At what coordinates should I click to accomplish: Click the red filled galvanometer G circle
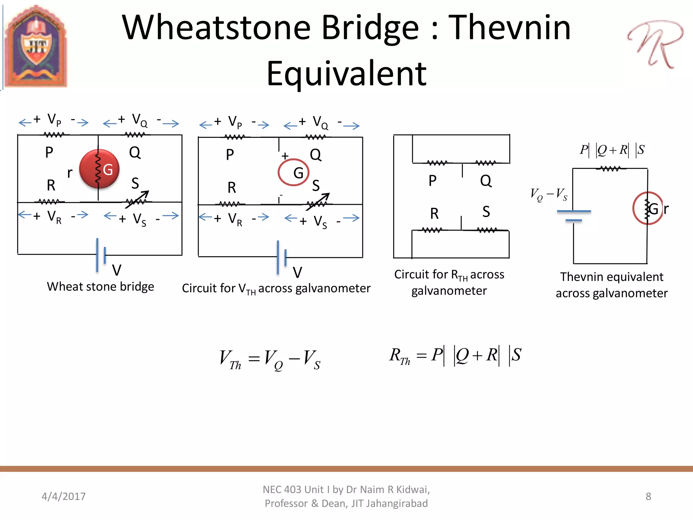99,169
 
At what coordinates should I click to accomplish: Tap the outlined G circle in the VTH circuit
293,172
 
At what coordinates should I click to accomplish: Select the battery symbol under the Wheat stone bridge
101,255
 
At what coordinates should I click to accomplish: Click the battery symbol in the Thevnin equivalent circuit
574,216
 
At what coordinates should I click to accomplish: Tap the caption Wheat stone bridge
100,287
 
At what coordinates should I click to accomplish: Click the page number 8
648,496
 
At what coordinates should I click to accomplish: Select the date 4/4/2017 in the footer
64,496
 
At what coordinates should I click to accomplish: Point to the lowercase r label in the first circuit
70,173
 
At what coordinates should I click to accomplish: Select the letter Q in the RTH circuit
486,181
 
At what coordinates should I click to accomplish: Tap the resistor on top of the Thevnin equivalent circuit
610,169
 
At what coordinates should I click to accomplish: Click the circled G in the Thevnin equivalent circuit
648,208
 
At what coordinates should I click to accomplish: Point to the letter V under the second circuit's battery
297,272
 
